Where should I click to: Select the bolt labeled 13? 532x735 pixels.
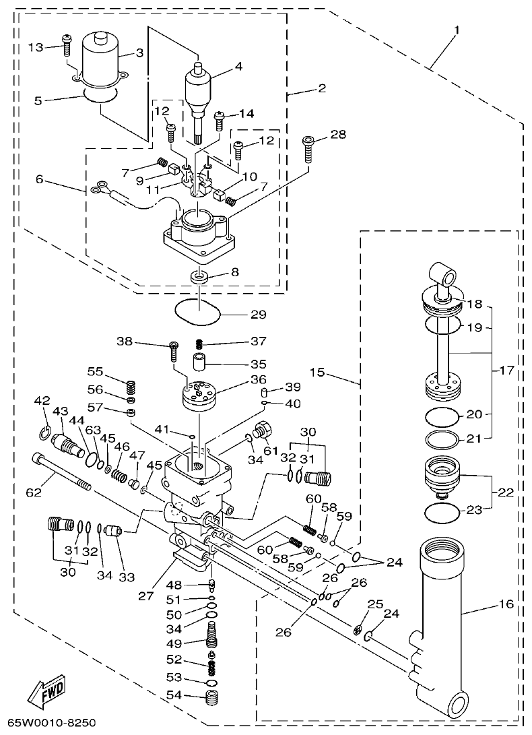click(66, 46)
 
